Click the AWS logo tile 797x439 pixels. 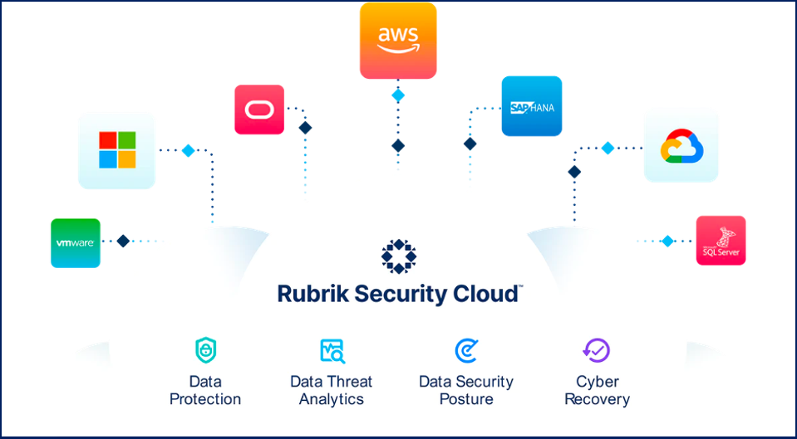(x=398, y=41)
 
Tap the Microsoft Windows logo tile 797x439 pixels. (x=117, y=150)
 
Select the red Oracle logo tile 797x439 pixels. (x=259, y=110)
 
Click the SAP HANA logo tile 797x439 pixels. (x=531, y=106)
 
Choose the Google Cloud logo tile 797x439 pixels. (x=681, y=145)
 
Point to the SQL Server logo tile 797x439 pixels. (x=721, y=241)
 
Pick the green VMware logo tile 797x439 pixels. (x=75, y=243)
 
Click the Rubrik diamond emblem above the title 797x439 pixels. (x=398, y=256)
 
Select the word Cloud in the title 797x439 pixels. (x=490, y=295)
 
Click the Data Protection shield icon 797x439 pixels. (x=205, y=350)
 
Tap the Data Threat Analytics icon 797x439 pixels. (x=332, y=350)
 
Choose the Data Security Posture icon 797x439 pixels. (x=465, y=350)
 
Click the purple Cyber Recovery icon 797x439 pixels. (x=597, y=350)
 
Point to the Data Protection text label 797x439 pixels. (x=205, y=390)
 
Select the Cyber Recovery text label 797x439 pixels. (x=597, y=390)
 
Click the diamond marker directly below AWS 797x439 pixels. (x=398, y=95)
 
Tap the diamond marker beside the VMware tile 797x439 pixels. (x=123, y=241)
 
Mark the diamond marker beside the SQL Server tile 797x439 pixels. (x=667, y=241)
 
